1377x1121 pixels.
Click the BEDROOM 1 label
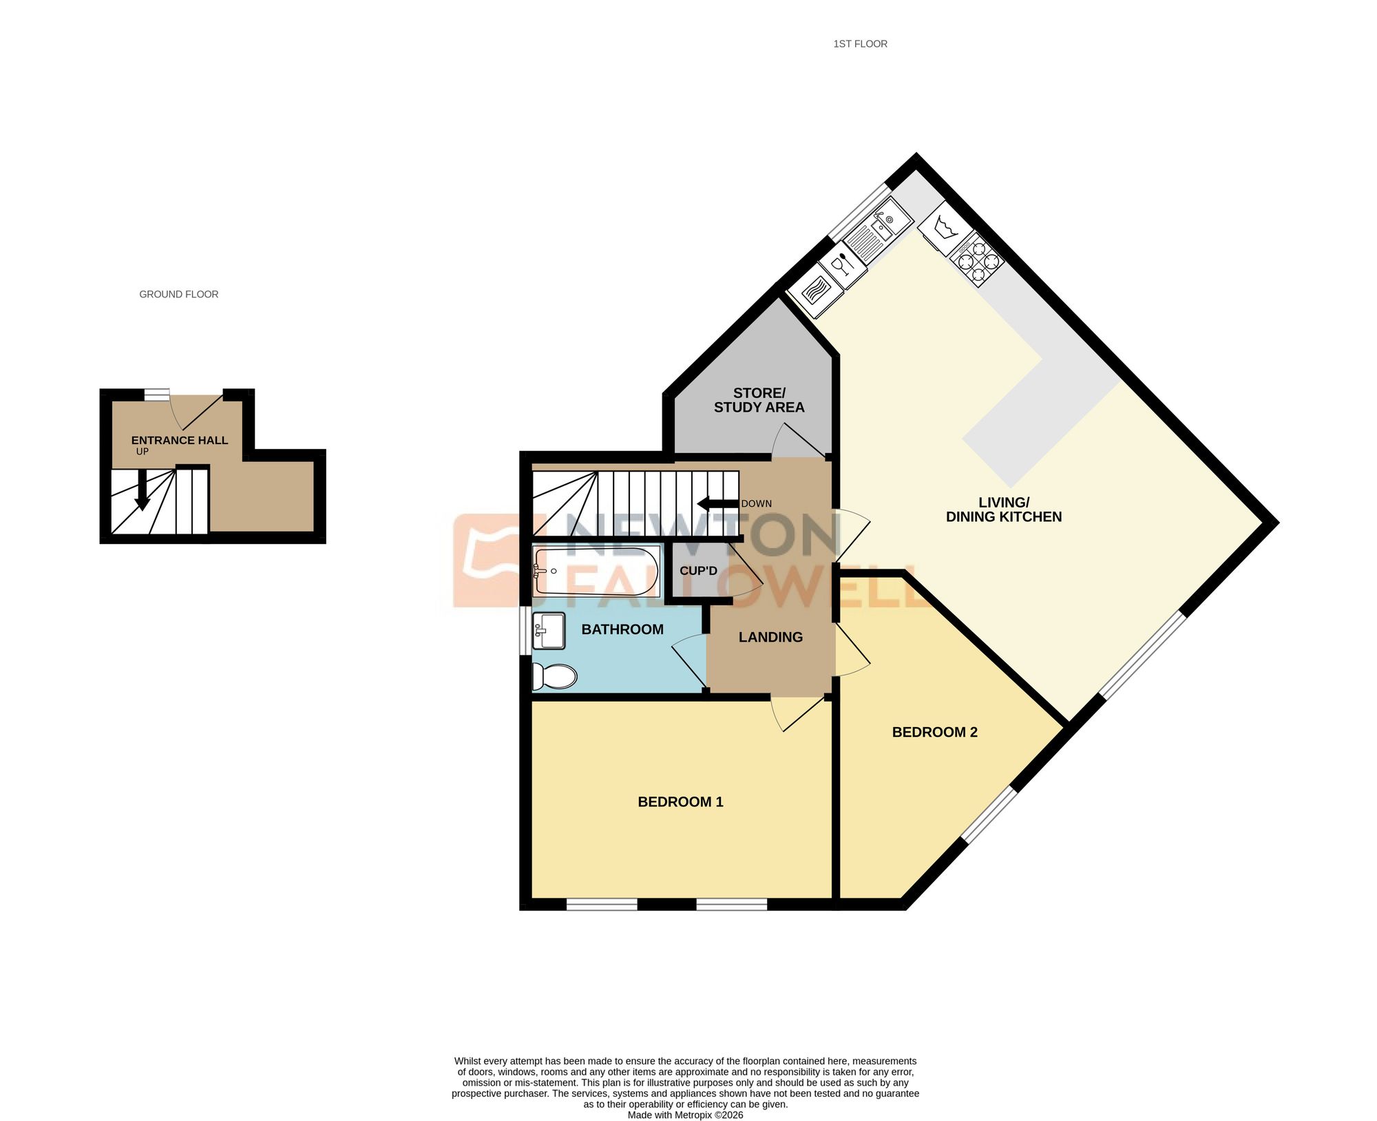coord(680,802)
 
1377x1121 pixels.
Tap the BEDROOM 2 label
coord(934,732)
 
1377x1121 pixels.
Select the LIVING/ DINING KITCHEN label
coord(1004,510)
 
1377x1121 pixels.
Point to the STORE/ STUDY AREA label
coord(759,400)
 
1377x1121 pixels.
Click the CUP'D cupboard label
coord(698,571)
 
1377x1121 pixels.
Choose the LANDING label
coord(770,637)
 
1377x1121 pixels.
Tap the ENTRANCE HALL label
coord(179,440)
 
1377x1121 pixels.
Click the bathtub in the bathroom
coord(596,571)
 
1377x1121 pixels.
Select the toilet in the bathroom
coord(554,677)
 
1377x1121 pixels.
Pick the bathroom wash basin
coord(549,631)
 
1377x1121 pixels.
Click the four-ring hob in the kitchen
coord(978,260)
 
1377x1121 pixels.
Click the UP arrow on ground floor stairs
coord(142,490)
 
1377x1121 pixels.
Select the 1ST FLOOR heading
coord(860,44)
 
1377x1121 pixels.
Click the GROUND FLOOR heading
coord(179,294)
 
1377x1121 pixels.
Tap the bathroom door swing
coord(688,661)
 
